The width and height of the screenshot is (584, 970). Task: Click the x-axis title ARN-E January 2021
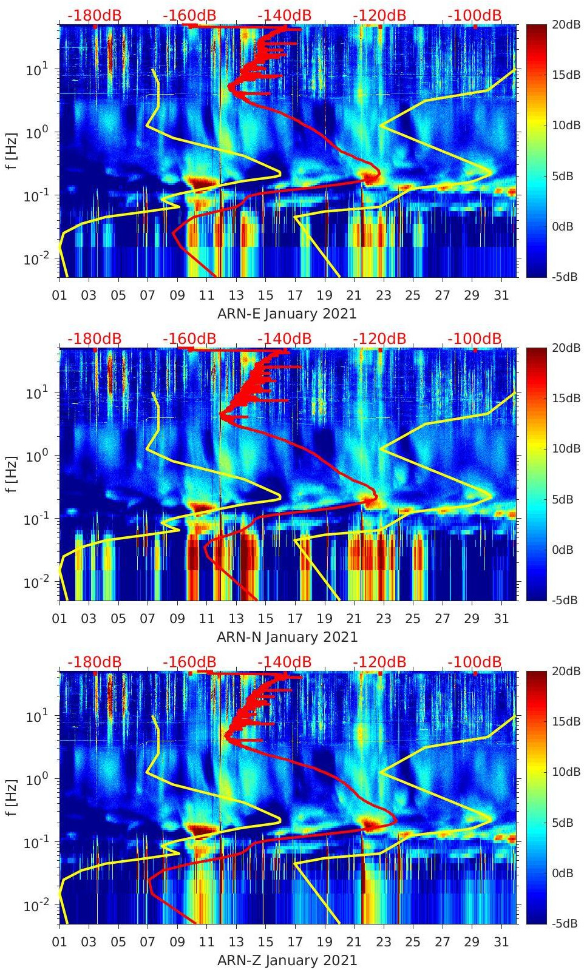(287, 314)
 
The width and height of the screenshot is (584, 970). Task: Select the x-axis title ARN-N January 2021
(287, 637)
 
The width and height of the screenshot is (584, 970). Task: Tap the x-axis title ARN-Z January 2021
(287, 960)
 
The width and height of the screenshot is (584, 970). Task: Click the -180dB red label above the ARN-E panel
(94, 15)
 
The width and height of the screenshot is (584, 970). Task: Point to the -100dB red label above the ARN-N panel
(475, 338)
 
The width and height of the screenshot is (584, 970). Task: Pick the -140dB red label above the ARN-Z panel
(285, 662)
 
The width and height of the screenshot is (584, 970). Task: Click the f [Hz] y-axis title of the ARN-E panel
(13, 151)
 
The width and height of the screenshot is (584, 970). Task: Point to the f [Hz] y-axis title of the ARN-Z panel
(13, 798)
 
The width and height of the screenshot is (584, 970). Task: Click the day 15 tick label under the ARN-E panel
(265, 295)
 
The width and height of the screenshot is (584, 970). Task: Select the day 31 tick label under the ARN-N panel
(501, 619)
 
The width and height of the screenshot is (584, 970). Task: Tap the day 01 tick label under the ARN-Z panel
(59, 942)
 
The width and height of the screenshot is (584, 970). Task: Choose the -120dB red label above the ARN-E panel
(379, 15)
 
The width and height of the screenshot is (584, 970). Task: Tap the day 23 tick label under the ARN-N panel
(383, 619)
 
